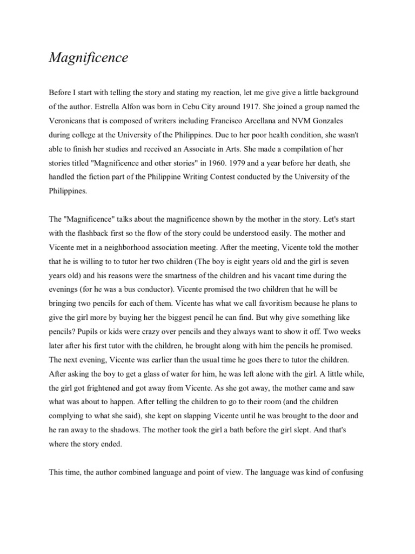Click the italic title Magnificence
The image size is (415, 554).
tap(89, 57)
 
